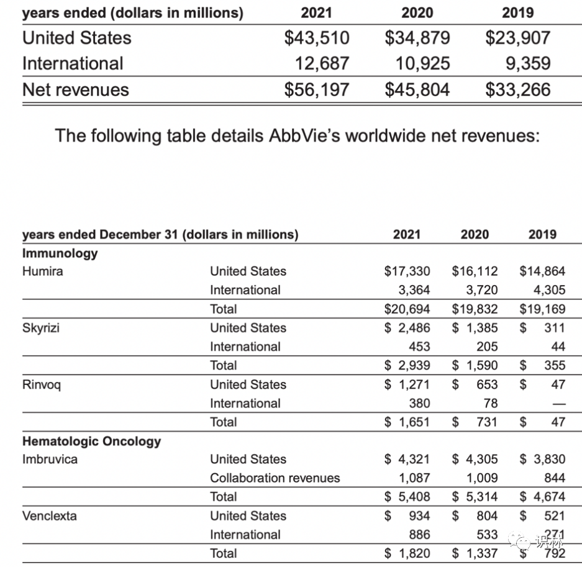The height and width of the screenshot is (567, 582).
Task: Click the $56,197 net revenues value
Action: tap(317, 89)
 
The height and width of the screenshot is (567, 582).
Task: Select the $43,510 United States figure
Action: tap(317, 37)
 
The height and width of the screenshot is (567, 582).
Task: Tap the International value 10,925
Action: tap(422, 63)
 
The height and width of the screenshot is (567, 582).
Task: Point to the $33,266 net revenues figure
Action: tap(517, 89)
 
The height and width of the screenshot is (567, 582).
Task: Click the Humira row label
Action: tap(42, 271)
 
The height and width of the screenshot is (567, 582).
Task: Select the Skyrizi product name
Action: tap(41, 328)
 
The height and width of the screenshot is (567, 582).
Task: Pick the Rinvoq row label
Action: tap(42, 384)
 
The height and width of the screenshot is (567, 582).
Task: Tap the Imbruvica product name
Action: tap(50, 460)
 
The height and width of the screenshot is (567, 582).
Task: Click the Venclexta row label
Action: tap(50, 516)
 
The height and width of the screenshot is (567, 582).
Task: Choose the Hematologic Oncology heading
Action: tap(91, 442)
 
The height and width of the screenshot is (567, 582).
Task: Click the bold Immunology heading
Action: tap(60, 253)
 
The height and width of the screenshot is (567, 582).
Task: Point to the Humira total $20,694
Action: tap(407, 309)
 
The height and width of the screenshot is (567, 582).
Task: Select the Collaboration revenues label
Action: tap(275, 478)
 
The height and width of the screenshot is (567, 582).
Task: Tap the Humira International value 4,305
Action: tap(549, 290)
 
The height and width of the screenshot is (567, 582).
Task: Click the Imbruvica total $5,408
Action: tap(407, 497)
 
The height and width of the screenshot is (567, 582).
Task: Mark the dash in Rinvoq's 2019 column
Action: tap(558, 404)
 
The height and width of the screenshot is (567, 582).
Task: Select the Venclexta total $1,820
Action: tap(407, 553)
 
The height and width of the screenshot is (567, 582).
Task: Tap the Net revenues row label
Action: tap(75, 89)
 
